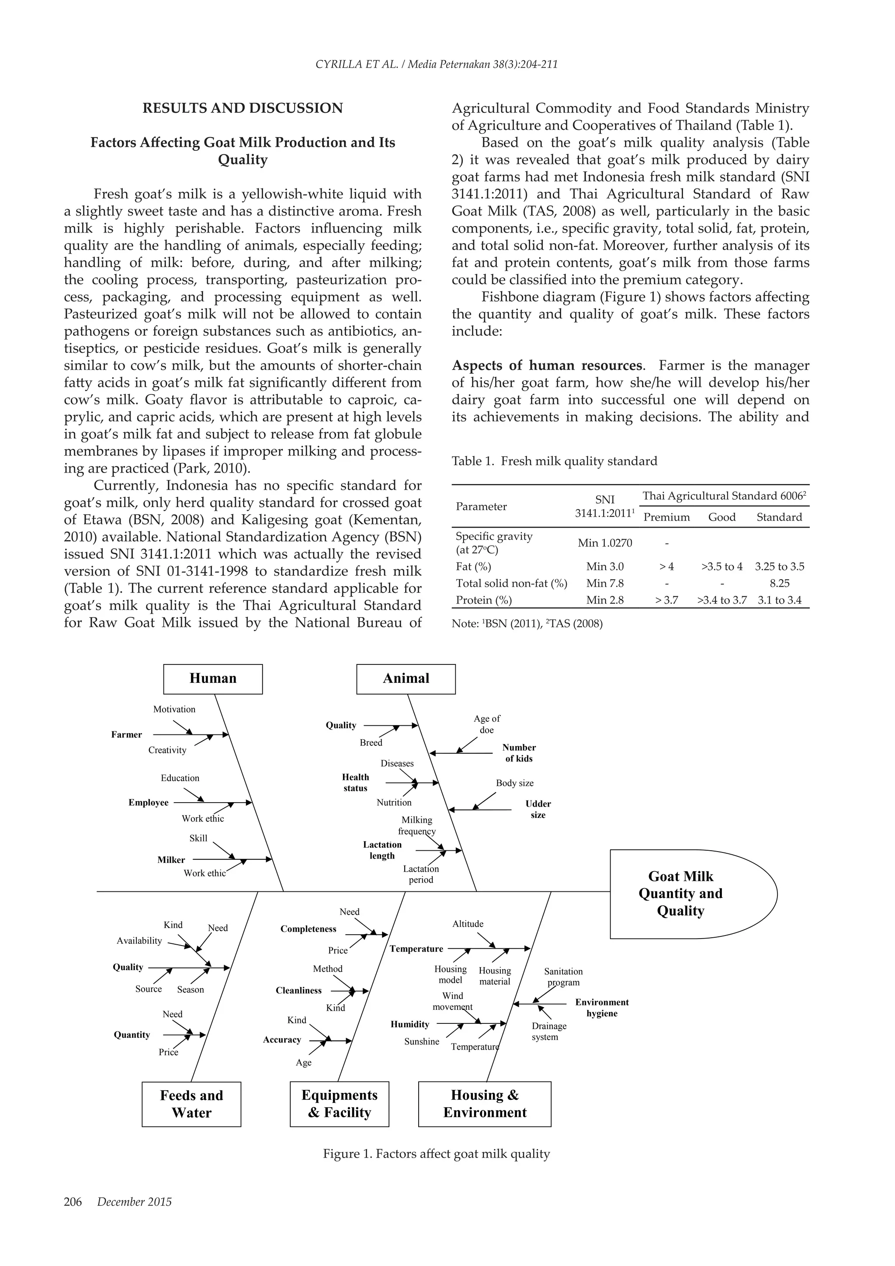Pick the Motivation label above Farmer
(174, 709)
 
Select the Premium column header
(666, 517)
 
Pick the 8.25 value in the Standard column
(779, 583)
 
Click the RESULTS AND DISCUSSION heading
(243, 108)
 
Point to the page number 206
(73, 1202)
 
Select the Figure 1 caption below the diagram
(436, 1154)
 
